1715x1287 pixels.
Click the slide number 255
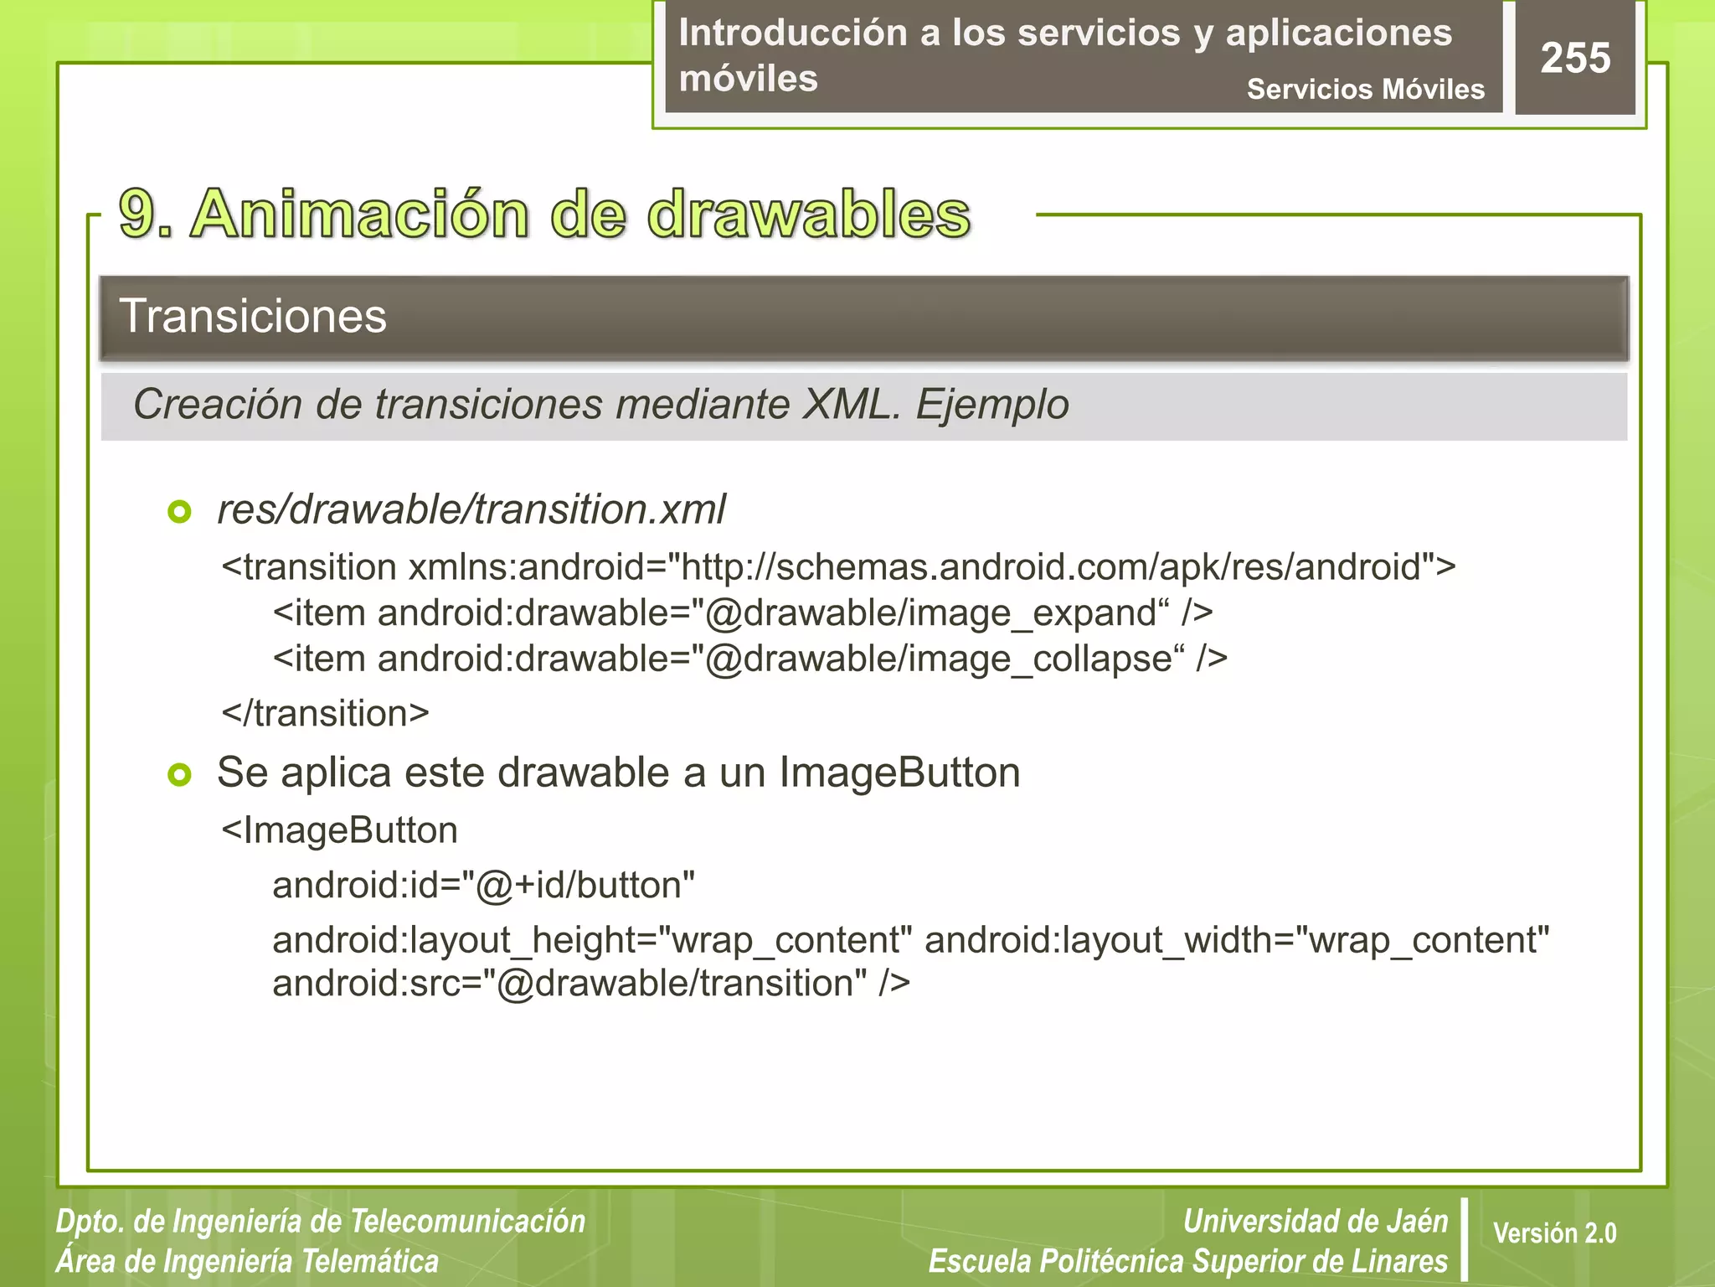tap(1575, 58)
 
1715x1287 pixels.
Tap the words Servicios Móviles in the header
tap(1365, 89)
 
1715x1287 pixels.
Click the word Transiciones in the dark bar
tap(253, 316)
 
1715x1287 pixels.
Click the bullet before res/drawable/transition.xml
tap(179, 511)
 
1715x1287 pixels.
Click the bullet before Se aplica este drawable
tap(179, 774)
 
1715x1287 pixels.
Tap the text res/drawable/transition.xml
tap(471, 509)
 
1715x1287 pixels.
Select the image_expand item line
tap(742, 612)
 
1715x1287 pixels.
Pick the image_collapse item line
tap(749, 659)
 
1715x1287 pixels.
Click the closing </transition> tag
tap(325, 713)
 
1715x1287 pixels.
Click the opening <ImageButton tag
tap(339, 830)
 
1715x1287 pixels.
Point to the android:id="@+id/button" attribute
tap(483, 885)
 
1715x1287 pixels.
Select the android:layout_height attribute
tap(591, 939)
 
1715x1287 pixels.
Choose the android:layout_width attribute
tap(1237, 939)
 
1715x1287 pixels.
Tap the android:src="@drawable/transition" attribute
tap(590, 983)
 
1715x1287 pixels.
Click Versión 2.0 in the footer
tap(1554, 1233)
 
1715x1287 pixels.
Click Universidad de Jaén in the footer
tap(1315, 1221)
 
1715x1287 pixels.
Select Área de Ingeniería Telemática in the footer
tap(247, 1261)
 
